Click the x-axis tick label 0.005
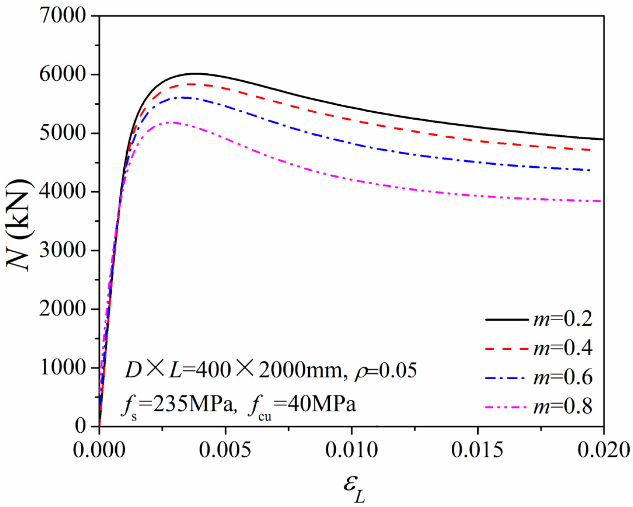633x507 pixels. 225,450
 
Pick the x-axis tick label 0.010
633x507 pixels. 351,450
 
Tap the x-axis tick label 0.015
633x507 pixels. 477,450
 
